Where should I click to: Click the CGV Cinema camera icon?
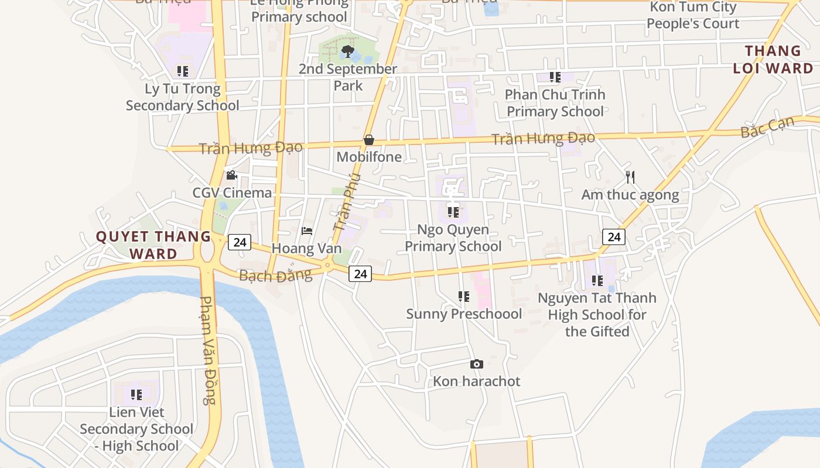(x=231, y=175)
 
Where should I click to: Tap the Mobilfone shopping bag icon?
(x=369, y=140)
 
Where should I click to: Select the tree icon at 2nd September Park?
(x=347, y=51)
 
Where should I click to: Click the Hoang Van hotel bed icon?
(x=306, y=231)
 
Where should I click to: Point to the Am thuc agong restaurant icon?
(x=630, y=177)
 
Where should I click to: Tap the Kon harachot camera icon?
(x=477, y=364)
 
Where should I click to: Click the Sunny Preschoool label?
(x=464, y=314)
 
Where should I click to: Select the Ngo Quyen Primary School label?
(x=453, y=238)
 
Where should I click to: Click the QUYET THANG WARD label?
(x=153, y=245)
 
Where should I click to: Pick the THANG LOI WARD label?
(x=773, y=60)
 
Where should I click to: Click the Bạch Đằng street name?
(x=275, y=275)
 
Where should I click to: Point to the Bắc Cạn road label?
(x=767, y=127)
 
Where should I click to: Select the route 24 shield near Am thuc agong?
(x=614, y=237)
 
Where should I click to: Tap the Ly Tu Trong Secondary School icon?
(x=183, y=71)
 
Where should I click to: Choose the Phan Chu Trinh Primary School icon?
(x=555, y=77)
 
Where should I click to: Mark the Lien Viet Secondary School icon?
(x=136, y=395)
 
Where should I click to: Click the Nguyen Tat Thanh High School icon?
(x=597, y=281)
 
